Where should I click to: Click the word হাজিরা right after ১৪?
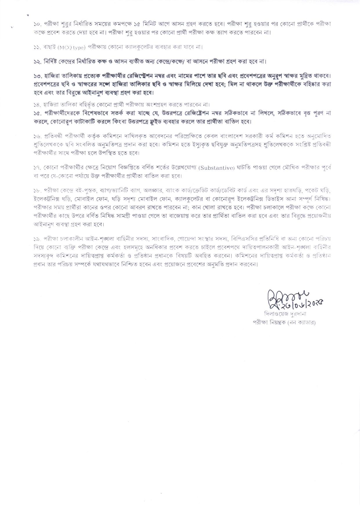coord(51,104)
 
